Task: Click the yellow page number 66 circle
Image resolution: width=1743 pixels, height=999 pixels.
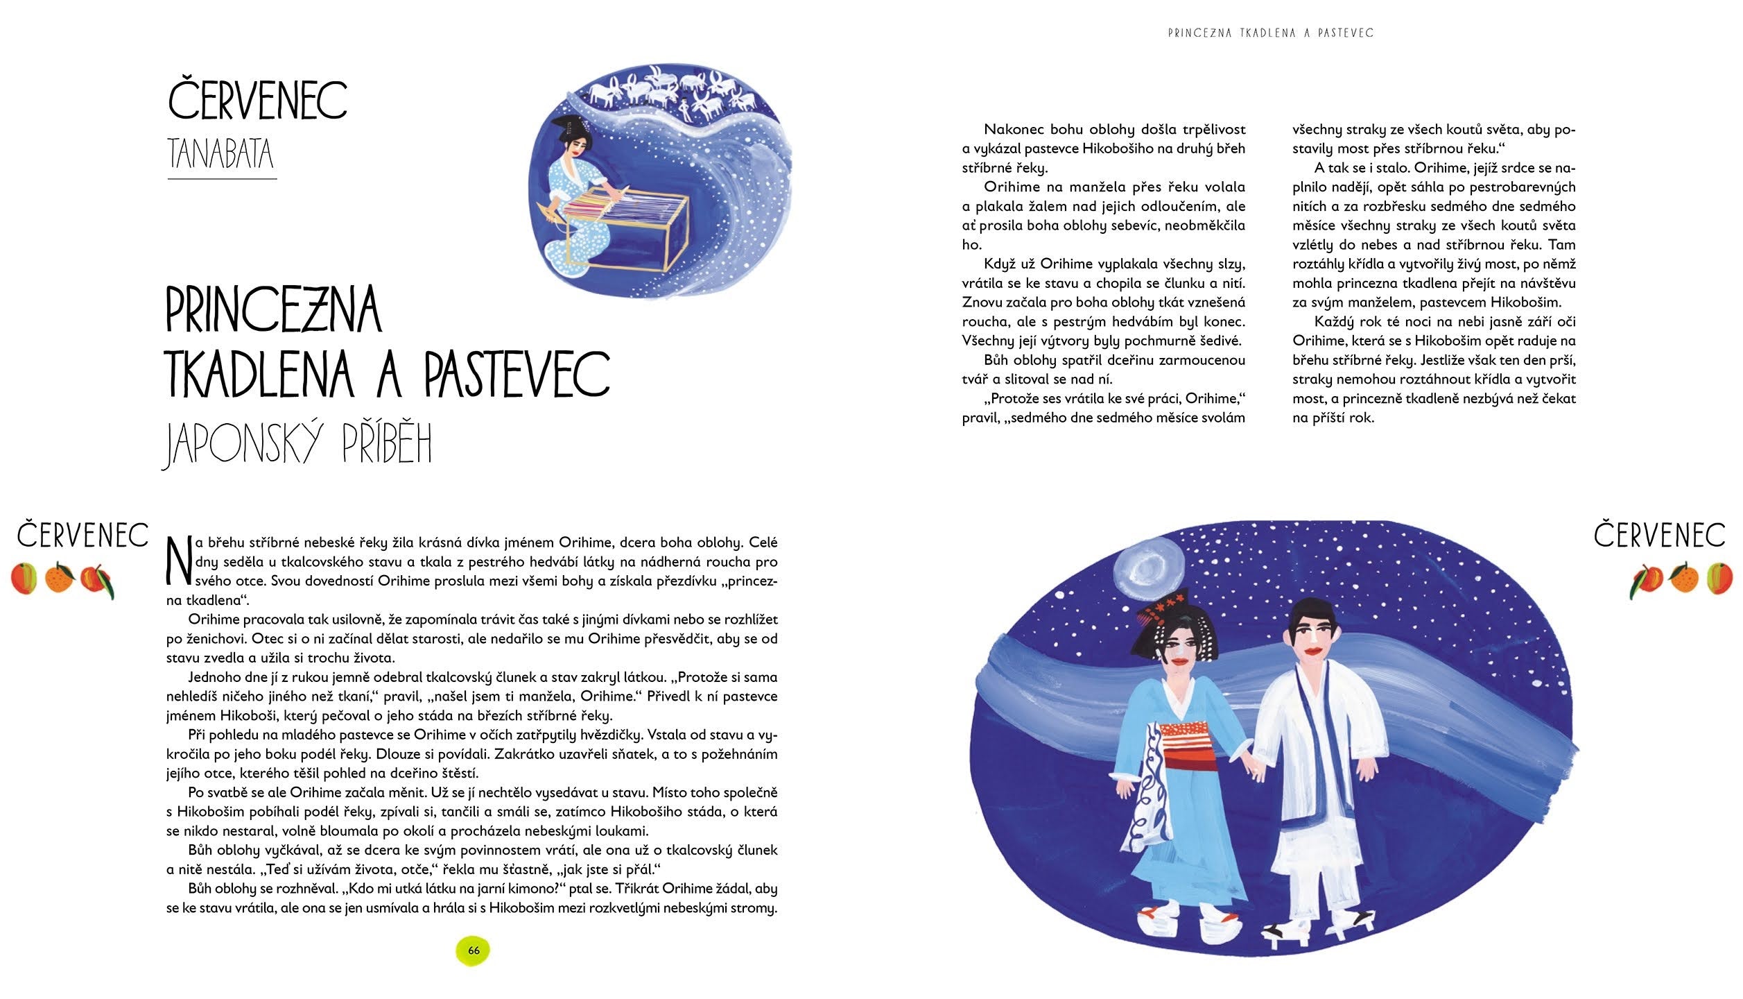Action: click(474, 950)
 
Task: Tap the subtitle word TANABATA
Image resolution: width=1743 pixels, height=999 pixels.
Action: click(221, 154)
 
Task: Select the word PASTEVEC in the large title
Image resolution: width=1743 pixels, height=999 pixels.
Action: click(517, 374)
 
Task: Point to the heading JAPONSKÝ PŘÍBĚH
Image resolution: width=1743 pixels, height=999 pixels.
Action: click(297, 443)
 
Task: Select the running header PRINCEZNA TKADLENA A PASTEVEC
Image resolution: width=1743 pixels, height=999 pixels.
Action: click(1270, 33)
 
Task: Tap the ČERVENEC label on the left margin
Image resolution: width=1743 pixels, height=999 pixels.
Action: click(83, 536)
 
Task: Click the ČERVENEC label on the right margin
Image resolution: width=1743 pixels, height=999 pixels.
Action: click(1659, 536)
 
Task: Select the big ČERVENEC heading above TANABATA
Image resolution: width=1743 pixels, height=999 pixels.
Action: click(257, 101)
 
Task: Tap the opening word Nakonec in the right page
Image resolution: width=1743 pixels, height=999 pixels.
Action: click(1013, 130)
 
